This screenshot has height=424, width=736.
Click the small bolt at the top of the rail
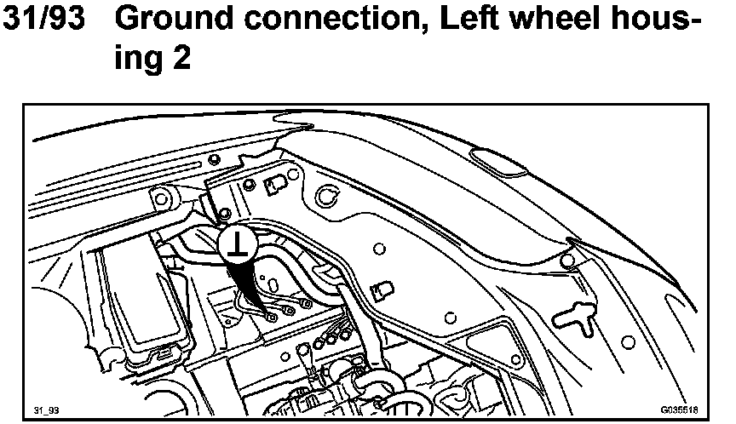click(214, 158)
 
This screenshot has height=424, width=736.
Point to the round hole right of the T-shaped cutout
click(628, 341)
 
